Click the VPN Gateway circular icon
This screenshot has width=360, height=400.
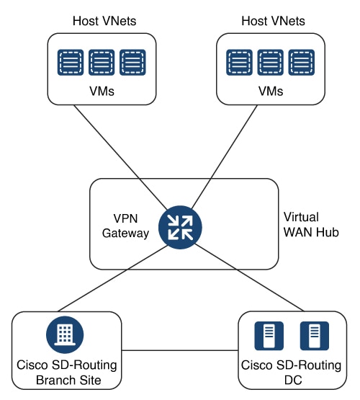point(180,227)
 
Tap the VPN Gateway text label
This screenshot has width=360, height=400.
point(125,226)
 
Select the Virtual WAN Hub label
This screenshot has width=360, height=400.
point(311,225)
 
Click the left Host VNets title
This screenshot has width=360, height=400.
point(104,21)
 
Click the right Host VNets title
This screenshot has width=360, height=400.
point(273,21)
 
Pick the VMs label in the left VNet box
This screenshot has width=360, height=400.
point(102,91)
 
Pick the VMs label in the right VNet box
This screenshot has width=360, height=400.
point(271,91)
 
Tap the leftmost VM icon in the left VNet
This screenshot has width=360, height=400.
point(71,63)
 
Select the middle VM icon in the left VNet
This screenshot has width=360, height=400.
point(102,63)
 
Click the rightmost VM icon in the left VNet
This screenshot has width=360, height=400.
point(132,63)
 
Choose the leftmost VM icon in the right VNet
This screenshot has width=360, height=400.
point(239,63)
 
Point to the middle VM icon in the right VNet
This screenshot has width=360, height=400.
point(270,63)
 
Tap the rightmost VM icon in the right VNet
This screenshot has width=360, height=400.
point(302,63)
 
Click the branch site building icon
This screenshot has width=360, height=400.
point(65,334)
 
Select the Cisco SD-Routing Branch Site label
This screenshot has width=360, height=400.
point(67,373)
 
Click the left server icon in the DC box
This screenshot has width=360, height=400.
point(269,336)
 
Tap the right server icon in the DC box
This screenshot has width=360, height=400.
point(315,336)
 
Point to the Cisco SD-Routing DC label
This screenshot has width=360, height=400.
point(291,373)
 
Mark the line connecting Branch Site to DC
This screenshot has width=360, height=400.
point(180,350)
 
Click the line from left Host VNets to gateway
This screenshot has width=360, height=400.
point(120,157)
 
